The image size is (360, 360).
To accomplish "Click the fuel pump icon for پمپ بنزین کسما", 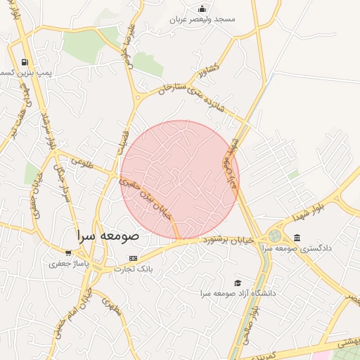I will [x=26, y=63].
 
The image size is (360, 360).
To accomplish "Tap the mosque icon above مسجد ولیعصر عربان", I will [x=202, y=8].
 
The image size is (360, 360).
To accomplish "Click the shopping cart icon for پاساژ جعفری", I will [x=68, y=252].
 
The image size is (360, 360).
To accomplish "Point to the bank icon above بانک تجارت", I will [x=133, y=258].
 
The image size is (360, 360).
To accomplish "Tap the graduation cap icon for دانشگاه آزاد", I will [x=238, y=282].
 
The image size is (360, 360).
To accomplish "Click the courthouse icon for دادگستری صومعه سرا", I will [x=297, y=238].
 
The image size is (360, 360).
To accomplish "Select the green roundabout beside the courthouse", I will [x=274, y=235].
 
